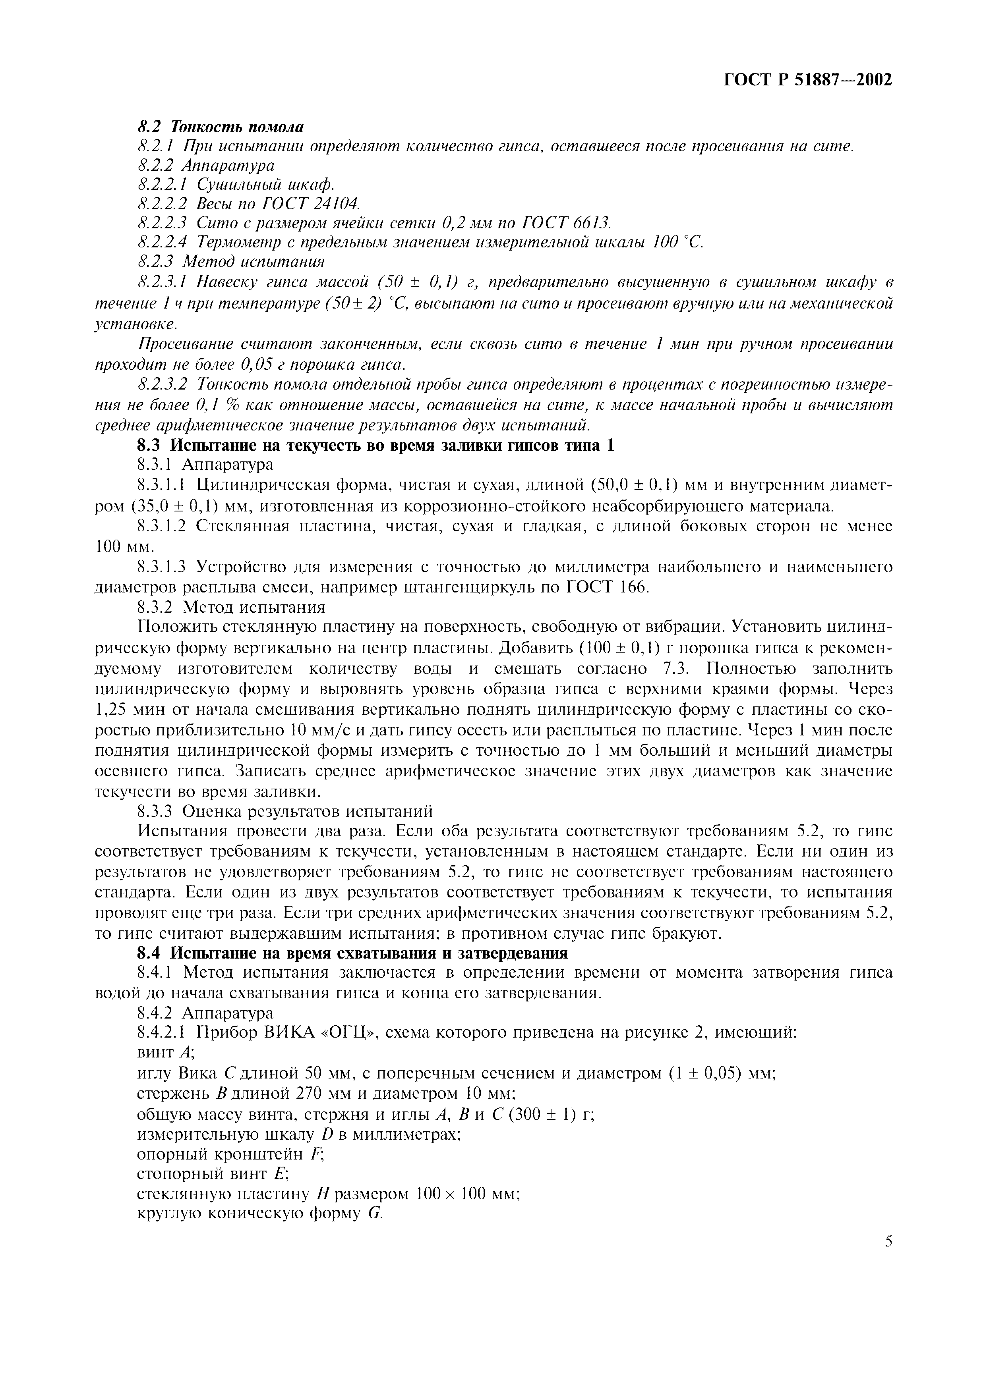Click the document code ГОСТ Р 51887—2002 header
coord(808,80)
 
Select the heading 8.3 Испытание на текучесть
coord(376,445)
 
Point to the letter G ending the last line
coord(374,1215)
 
